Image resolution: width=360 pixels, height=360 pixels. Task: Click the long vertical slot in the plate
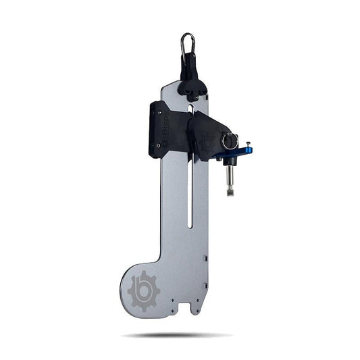(190, 196)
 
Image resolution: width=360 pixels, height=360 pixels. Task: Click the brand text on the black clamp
(163, 132)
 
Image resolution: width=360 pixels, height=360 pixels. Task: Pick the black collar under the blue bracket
(230, 162)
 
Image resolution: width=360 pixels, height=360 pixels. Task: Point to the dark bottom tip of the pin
(230, 193)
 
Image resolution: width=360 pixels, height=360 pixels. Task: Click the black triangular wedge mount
(209, 132)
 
